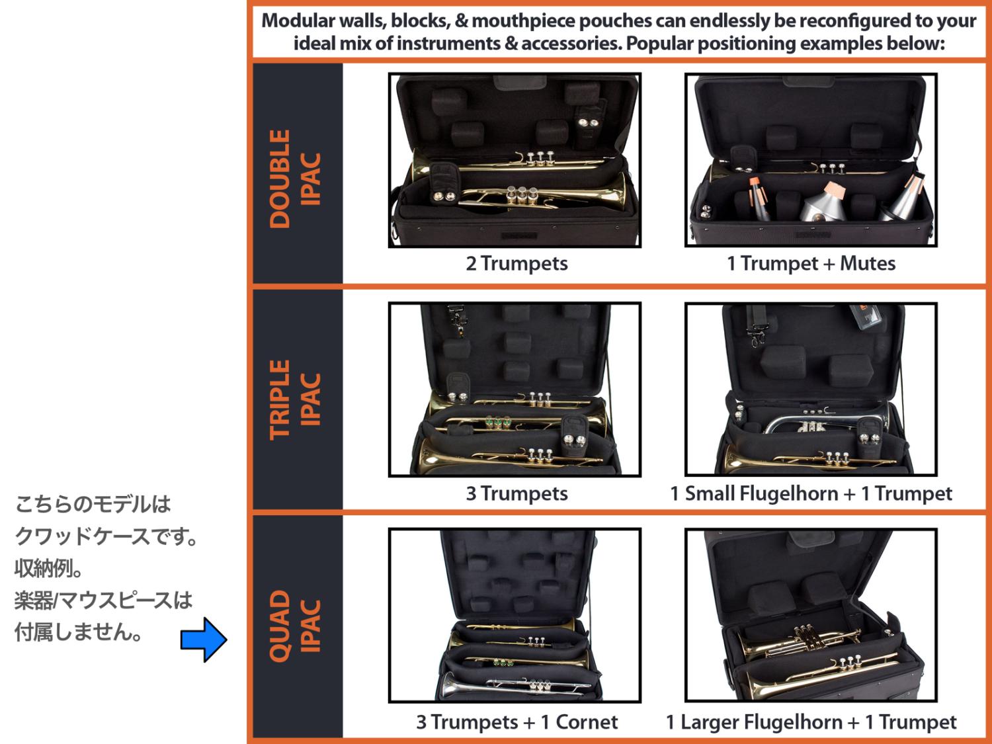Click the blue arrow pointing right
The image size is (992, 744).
pos(204,640)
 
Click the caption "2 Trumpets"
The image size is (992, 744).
pos(517,263)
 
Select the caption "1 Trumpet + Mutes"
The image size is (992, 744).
pos(811,263)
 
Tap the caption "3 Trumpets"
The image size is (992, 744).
pos(517,493)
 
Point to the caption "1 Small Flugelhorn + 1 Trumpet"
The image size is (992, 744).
pos(811,493)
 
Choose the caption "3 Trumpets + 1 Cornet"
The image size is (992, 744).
pos(517,722)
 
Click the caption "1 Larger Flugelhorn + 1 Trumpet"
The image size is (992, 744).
pos(811,722)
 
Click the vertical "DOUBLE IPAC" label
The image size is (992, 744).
pos(295,179)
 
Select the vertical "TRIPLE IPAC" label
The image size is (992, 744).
pos(295,399)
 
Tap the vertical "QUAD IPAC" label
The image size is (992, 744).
pos(295,626)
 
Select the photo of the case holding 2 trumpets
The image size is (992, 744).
pos(515,160)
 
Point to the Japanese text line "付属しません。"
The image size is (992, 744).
pos(79,632)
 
